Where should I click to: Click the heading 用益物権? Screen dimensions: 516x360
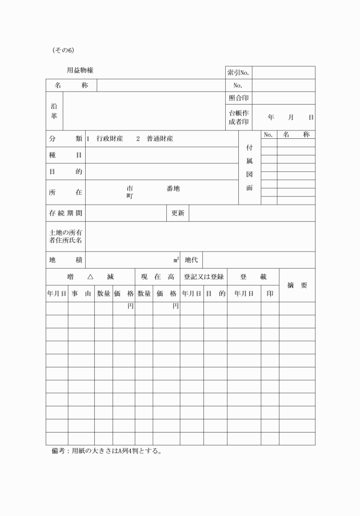click(x=80, y=70)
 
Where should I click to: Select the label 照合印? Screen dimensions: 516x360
click(x=238, y=98)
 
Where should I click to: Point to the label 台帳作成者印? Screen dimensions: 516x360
click(x=238, y=117)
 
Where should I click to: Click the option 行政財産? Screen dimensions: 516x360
click(x=110, y=139)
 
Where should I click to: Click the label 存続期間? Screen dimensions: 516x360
click(x=66, y=213)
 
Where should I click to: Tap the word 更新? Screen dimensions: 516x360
click(x=178, y=213)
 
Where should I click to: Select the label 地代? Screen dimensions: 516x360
click(x=191, y=260)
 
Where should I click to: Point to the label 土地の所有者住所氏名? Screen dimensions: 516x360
click(x=66, y=236)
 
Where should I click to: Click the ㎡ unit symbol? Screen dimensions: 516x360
click(x=177, y=260)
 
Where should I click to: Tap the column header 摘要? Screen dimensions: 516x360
click(x=297, y=285)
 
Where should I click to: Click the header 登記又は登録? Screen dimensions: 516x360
click(x=203, y=277)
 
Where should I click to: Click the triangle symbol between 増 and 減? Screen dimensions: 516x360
click(x=90, y=277)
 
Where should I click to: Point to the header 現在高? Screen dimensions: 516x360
click(x=157, y=277)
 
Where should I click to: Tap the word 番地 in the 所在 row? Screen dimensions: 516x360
click(x=173, y=189)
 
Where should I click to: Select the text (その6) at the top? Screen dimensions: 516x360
click(x=63, y=50)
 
